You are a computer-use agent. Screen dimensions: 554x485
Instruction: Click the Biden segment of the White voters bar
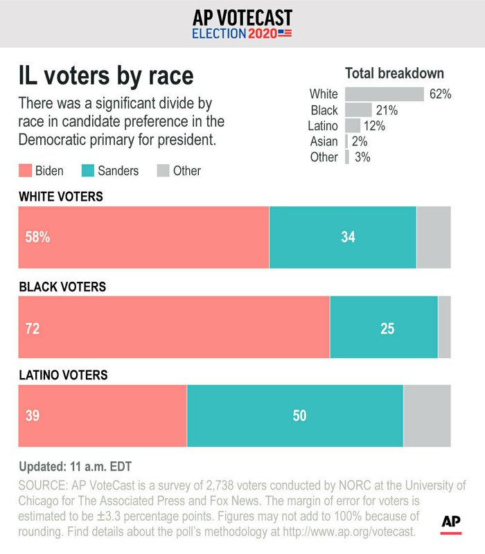[143, 237]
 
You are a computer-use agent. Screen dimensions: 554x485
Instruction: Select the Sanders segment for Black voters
[384, 327]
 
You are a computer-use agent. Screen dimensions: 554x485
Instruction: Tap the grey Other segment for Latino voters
[427, 415]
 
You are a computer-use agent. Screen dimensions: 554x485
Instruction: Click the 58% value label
[38, 237]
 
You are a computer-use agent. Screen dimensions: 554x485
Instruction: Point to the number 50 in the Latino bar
[299, 415]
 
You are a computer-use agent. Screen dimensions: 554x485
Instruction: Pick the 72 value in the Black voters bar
[33, 328]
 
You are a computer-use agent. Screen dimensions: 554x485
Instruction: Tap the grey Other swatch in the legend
[164, 170]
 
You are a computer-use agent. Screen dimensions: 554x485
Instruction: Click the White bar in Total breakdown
[384, 94]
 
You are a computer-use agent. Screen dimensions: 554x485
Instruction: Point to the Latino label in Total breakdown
[323, 126]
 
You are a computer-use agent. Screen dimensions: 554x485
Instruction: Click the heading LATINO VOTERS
[63, 375]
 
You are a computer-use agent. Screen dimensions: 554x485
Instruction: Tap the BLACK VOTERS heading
[62, 286]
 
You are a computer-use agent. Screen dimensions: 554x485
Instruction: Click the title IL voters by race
[105, 75]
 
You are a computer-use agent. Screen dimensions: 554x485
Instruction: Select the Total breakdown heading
[394, 73]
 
